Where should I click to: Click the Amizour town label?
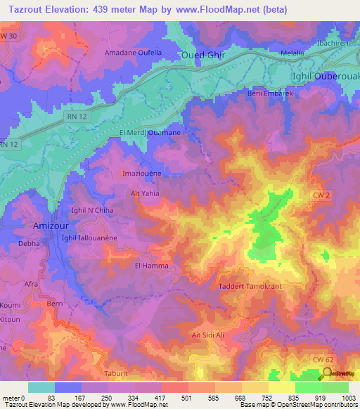coord(52,226)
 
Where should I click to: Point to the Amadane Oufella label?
coord(133,53)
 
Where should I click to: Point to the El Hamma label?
coord(149,266)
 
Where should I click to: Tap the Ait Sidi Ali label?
coord(211,335)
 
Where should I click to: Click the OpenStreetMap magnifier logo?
coord(327,373)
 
